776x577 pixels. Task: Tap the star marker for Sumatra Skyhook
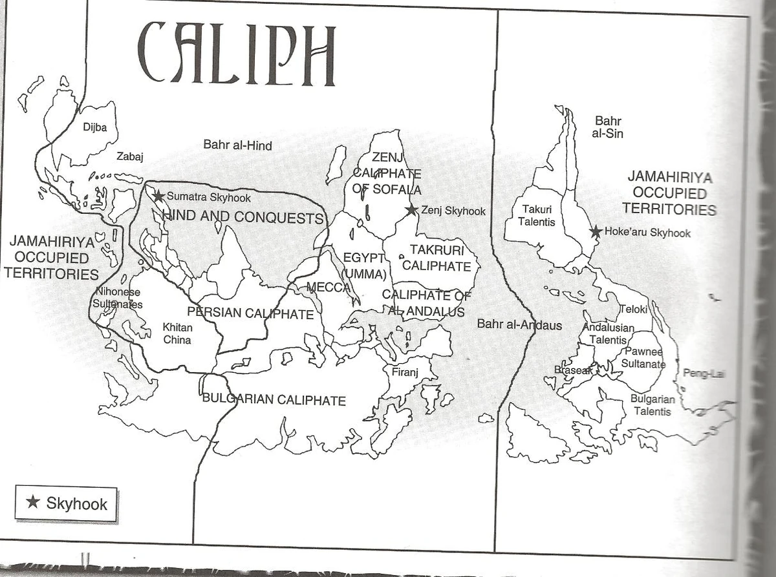(x=157, y=196)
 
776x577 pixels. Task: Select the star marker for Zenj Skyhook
(x=411, y=210)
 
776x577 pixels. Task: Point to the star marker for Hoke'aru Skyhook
(x=596, y=232)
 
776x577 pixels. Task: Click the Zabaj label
(x=129, y=156)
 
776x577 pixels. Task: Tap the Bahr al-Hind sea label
(x=237, y=145)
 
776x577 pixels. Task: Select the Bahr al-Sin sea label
(x=609, y=127)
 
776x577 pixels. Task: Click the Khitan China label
(x=177, y=333)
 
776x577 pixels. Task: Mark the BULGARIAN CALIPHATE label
(x=274, y=400)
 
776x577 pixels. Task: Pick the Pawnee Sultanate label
(x=643, y=358)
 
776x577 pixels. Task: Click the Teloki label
(x=633, y=309)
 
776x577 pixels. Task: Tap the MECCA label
(x=328, y=287)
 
